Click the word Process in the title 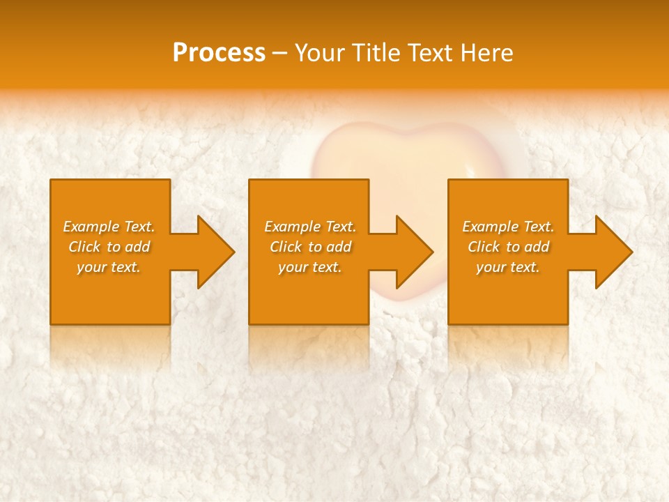(219, 53)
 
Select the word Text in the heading (433, 53)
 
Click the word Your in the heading (320, 53)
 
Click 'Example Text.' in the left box (109, 227)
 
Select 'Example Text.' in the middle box (309, 227)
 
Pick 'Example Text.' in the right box (508, 227)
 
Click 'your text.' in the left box (109, 267)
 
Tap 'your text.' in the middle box (309, 267)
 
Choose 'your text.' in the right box (508, 267)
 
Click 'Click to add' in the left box (109, 247)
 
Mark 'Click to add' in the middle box (309, 247)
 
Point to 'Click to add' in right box (508, 247)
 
